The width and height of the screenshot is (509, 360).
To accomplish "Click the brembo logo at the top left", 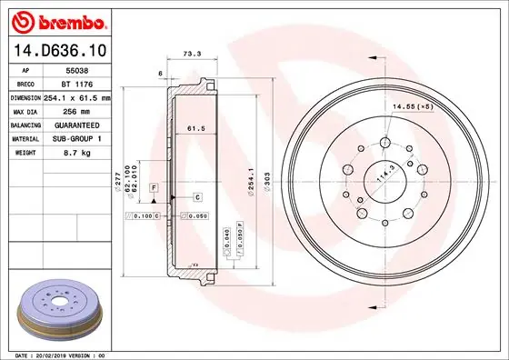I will click(x=58, y=19).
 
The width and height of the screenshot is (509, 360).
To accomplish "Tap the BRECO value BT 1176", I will click(x=75, y=83).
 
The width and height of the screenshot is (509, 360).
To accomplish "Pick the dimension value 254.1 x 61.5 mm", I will click(x=77, y=97).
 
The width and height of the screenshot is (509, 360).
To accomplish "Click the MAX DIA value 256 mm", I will click(x=75, y=111).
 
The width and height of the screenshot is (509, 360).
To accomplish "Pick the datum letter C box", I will click(x=196, y=196).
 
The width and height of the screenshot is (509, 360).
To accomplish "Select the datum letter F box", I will click(x=155, y=186).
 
